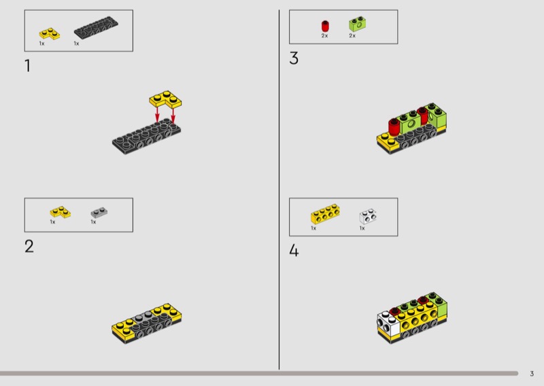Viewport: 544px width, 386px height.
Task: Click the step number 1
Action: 28,66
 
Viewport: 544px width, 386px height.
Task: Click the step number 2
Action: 29,247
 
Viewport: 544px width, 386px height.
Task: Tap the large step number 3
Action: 294,58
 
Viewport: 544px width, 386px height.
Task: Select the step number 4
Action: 294,250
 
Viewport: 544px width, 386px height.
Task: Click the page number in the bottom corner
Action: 532,374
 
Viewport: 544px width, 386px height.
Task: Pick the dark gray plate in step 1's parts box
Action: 96,27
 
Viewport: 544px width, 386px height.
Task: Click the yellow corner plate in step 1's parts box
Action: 49,34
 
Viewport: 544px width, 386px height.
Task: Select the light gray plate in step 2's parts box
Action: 99,212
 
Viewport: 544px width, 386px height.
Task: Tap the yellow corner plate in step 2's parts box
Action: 60,212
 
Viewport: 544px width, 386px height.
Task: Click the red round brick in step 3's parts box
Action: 325,27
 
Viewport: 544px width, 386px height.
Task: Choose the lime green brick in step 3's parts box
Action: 358,24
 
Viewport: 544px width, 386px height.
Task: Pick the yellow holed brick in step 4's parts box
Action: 325,213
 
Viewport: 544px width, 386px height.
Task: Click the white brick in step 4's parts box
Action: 368,217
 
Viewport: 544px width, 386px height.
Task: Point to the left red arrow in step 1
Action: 157,113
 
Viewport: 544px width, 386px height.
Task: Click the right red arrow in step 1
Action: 173,114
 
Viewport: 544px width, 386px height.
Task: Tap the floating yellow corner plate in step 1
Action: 165,99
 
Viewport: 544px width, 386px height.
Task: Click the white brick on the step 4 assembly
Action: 388,324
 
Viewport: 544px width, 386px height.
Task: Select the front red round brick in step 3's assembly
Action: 394,127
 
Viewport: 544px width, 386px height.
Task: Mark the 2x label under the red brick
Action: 324,36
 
